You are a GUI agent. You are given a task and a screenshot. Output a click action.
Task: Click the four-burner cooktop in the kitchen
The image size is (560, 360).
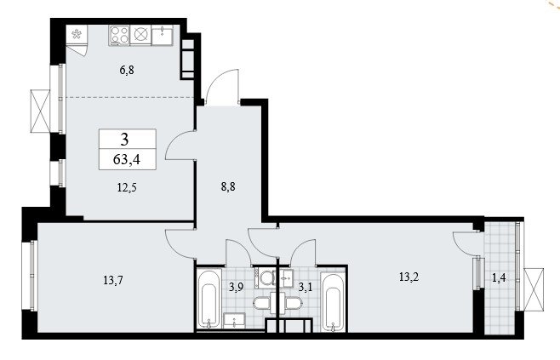[x=119, y=35]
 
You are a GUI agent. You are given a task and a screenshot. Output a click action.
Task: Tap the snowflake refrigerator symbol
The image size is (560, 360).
[x=77, y=34]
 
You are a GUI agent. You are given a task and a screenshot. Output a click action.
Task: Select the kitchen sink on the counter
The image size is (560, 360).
[x=163, y=35]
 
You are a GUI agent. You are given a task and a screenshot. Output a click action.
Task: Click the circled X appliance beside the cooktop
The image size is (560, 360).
[x=140, y=35]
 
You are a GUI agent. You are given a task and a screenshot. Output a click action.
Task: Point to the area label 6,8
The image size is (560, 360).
[x=127, y=70]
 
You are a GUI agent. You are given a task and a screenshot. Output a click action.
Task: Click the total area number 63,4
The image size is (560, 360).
[x=127, y=159]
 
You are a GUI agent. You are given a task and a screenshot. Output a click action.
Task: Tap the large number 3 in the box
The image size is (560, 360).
[x=124, y=140]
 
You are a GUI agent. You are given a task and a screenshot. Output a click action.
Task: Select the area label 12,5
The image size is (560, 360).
[x=127, y=187]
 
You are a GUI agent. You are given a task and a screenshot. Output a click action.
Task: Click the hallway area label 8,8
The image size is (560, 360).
[x=228, y=186]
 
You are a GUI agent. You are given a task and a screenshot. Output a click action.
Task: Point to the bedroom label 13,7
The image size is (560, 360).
[x=113, y=280]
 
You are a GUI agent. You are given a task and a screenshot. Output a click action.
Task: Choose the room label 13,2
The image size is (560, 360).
[x=409, y=277]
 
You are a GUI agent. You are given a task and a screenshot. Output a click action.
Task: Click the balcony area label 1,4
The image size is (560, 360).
[x=499, y=277]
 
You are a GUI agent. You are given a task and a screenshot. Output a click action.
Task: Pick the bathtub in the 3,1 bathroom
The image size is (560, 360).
[x=333, y=302]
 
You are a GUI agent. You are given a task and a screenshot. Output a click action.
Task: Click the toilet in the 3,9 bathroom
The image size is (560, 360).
[x=262, y=304]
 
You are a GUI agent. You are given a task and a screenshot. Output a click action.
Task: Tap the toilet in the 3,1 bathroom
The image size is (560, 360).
[x=294, y=304]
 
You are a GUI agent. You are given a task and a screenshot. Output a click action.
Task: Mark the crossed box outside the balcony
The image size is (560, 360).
[x=534, y=289]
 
